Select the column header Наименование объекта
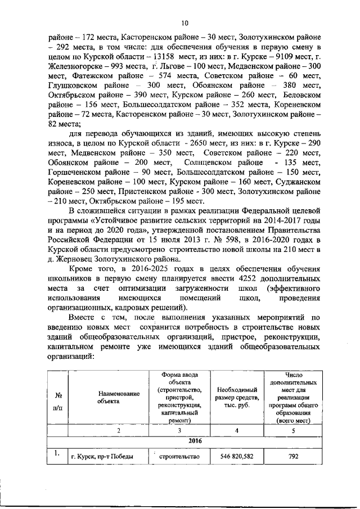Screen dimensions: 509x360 [x=118, y=398]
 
